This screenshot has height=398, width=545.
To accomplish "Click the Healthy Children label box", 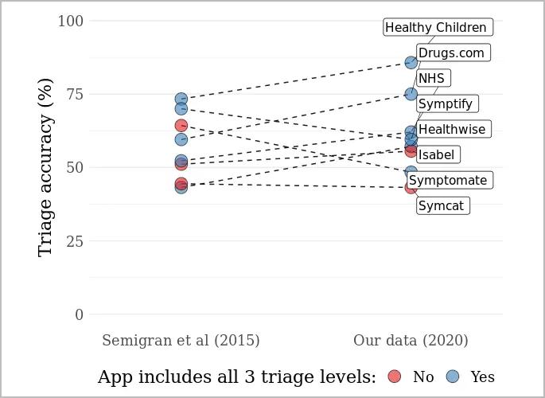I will point(436,28).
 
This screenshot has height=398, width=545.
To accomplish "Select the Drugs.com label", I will point(451,53).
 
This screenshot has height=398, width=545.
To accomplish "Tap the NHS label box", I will point(432,78).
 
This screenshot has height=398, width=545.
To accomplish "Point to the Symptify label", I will point(446,104).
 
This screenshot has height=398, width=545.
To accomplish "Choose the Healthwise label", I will point(451,130).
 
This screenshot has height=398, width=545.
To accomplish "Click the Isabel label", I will point(437,154).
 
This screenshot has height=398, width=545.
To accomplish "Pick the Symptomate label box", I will point(448,181).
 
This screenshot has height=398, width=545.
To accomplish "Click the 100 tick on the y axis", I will point(70,21).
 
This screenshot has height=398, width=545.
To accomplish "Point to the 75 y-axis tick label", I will point(74,94).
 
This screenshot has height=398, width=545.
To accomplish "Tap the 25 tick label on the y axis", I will point(74,241).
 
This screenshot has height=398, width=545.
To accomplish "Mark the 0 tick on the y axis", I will point(79,315).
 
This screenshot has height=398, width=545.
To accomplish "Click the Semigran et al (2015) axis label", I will point(181,341).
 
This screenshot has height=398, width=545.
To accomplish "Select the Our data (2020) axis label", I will point(411,341).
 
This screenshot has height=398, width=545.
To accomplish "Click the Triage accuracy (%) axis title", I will point(45,167).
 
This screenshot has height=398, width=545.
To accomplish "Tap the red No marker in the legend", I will point(394,377).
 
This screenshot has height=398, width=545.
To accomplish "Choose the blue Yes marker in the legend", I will point(453,377).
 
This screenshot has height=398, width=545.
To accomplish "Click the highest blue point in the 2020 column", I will point(411,63).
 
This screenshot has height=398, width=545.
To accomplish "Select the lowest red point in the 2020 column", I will point(411,187).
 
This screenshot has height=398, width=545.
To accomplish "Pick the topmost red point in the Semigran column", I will point(181,126).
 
